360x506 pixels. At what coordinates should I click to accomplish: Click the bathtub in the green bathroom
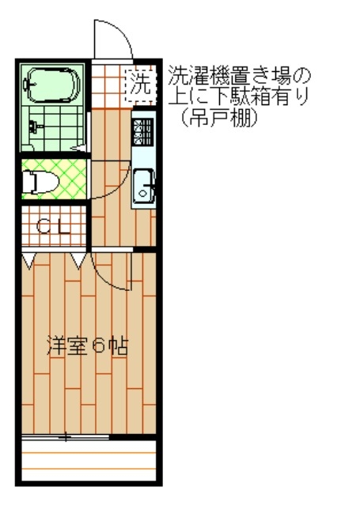coord(52,85)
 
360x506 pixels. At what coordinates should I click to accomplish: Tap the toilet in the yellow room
coord(40,183)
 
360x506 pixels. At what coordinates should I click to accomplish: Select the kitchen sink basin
coord(144,187)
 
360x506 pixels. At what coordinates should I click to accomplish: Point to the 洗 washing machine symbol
coord(141,85)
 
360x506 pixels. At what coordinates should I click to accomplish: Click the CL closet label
coord(53,227)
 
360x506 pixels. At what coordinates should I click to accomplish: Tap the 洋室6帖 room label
coord(87,346)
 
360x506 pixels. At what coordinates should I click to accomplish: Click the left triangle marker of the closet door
coord(28,261)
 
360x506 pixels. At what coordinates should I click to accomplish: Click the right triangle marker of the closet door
coord(78,261)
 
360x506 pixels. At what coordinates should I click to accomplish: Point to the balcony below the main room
coord(89,460)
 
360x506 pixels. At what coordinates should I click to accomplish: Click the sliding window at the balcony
coord(65,437)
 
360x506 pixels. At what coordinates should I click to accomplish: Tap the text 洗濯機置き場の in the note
coord(239,76)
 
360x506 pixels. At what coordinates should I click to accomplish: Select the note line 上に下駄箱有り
coord(239,96)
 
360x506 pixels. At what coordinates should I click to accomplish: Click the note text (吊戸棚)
coord(220,118)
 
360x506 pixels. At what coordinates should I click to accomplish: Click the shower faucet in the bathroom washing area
coord(34,126)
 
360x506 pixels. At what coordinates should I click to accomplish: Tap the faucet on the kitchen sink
coord(150,187)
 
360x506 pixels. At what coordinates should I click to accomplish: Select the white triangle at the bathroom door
coord(78,148)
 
